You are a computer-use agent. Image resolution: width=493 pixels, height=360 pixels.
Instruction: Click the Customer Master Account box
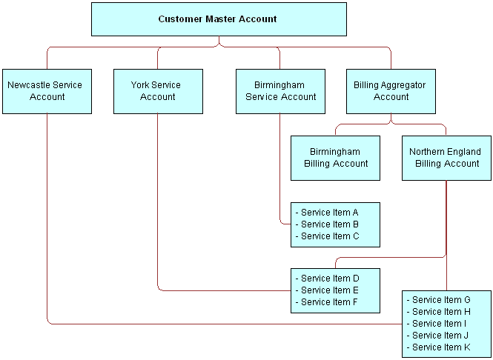coord(218,19)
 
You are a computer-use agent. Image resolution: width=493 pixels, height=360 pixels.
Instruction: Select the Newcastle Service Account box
coord(47,91)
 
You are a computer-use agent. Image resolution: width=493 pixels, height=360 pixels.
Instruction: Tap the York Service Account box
coord(157,91)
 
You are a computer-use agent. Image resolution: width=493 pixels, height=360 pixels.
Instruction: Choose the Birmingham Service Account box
coord(280,91)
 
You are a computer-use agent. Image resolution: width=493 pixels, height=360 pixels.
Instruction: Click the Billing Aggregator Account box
coord(391,91)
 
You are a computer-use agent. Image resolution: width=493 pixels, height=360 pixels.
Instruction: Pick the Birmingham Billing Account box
coord(335,158)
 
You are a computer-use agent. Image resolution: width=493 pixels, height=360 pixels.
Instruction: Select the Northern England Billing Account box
coord(446,158)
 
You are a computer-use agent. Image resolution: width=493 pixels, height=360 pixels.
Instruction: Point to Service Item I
coord(440,324)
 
